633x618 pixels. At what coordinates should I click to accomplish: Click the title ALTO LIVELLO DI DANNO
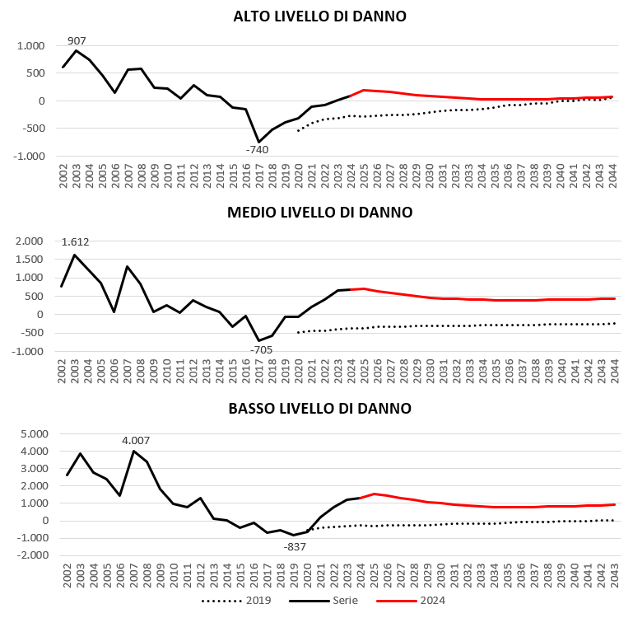(319, 16)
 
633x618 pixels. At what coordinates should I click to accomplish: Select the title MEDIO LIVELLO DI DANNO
(319, 213)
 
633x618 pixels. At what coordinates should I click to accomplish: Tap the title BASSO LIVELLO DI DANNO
(319, 408)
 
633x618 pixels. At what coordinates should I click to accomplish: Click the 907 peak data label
(77, 41)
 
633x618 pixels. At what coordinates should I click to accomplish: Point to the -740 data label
(257, 149)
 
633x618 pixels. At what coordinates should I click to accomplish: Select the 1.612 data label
(75, 241)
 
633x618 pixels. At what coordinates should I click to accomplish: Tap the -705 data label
(261, 349)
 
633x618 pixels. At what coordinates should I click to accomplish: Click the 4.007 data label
(136, 440)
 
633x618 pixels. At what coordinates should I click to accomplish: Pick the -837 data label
(295, 547)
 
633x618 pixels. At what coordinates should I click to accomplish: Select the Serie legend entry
(323, 601)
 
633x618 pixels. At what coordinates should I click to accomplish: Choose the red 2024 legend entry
(411, 601)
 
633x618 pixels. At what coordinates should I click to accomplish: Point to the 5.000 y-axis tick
(35, 433)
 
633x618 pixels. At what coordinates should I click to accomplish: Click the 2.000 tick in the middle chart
(29, 241)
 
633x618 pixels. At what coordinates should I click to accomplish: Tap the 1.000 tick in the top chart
(30, 45)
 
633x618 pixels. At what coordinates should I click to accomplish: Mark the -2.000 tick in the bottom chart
(32, 555)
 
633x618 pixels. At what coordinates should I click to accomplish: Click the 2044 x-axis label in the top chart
(612, 176)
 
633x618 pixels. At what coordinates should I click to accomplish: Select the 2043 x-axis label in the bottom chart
(614, 576)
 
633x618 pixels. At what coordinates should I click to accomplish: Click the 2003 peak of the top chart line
(77, 50)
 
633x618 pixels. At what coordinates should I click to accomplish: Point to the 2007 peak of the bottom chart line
(133, 451)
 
